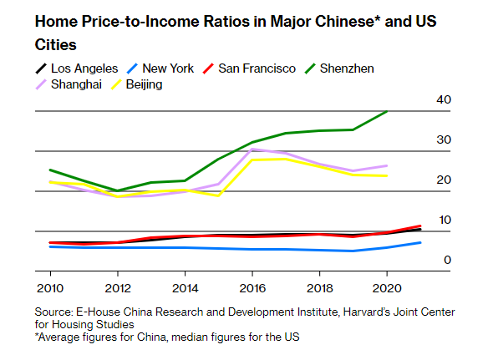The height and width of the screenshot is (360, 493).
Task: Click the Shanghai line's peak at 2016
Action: coord(252,149)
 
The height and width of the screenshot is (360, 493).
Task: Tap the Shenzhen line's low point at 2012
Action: coord(118,190)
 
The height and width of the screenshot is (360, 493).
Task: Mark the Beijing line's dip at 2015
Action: coord(218,195)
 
